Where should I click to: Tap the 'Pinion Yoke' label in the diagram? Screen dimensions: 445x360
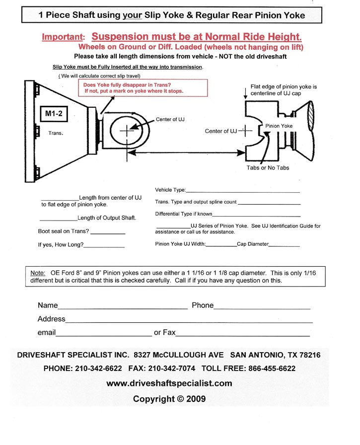pyautogui.click(x=279, y=126)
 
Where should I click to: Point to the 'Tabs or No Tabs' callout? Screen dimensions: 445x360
pyautogui.click(x=268, y=167)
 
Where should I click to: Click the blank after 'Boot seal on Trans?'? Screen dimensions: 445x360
pyautogui.click(x=108, y=232)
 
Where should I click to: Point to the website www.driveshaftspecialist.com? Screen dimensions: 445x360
pyautogui.click(x=169, y=383)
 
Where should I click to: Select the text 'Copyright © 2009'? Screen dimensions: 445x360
pyautogui.click(x=169, y=399)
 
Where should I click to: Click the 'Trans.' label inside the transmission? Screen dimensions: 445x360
pyautogui.click(x=55, y=133)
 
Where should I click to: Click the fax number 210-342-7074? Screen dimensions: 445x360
pyautogui.click(x=172, y=369)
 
